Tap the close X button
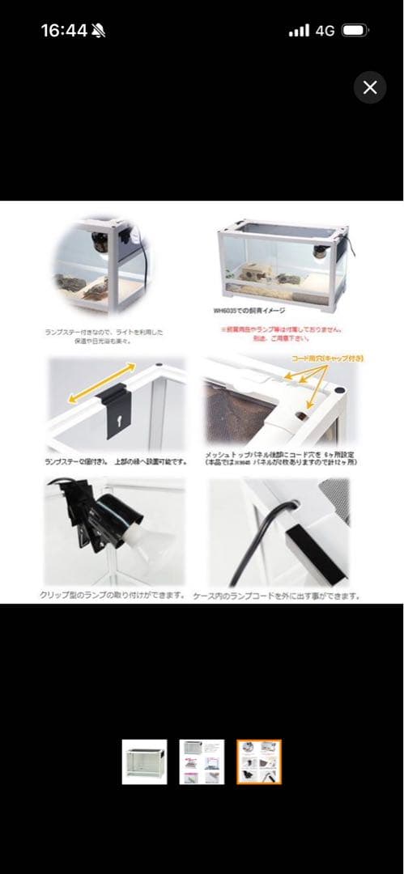click(x=370, y=87)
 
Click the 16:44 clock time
click(x=64, y=31)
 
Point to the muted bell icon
click(x=99, y=31)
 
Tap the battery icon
click(x=355, y=31)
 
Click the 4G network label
click(x=325, y=31)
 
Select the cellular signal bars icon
click(x=299, y=31)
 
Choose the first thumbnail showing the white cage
click(x=145, y=762)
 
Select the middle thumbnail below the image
click(x=202, y=762)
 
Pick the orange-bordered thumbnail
click(x=259, y=762)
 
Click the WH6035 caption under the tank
click(x=243, y=310)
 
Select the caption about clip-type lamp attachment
click(x=113, y=596)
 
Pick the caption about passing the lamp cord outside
click(x=277, y=596)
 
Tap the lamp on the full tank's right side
click(x=325, y=253)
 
